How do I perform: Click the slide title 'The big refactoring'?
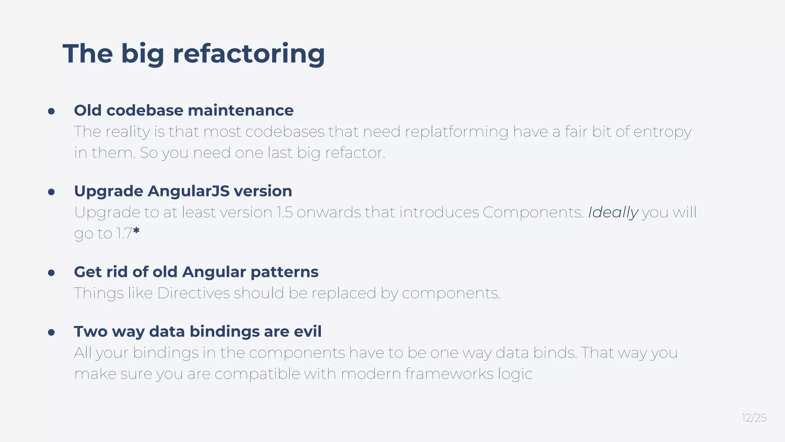click(194, 54)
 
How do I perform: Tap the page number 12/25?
click(754, 418)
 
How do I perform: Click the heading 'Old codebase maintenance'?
click(184, 110)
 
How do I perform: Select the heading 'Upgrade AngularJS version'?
click(183, 191)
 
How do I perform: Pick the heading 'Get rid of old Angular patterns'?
click(196, 272)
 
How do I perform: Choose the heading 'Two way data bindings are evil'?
click(197, 331)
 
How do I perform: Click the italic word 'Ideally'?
click(613, 213)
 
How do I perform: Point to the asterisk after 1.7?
click(136, 231)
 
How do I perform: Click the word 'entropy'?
click(662, 132)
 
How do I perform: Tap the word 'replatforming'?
click(457, 132)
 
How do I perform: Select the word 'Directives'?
click(194, 293)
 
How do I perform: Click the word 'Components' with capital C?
click(533, 213)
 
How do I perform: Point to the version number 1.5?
click(284, 213)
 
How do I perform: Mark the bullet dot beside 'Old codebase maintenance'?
click(51, 112)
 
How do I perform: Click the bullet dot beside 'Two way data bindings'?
click(51, 333)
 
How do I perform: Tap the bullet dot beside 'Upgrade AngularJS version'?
click(51, 192)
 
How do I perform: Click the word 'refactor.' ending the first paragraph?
click(355, 153)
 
